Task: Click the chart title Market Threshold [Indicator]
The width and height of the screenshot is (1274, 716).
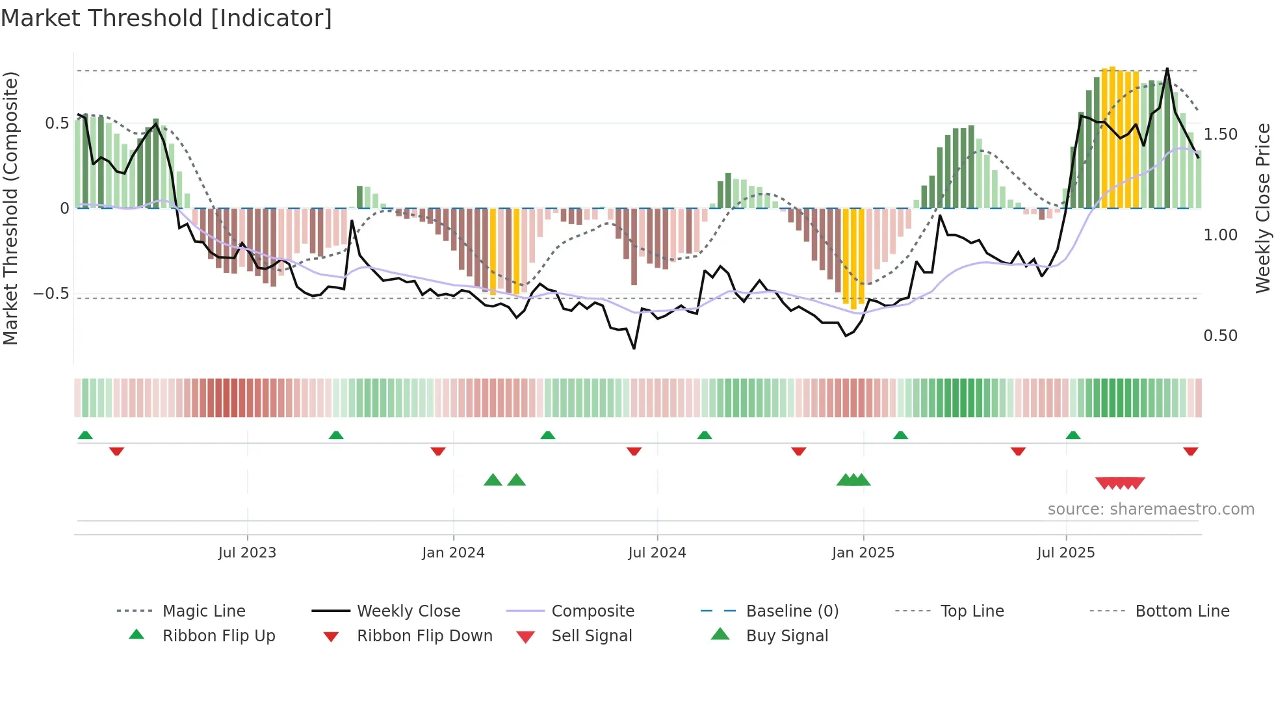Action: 166,18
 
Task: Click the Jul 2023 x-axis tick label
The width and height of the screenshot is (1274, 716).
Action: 247,553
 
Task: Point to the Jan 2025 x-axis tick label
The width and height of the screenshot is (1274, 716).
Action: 863,553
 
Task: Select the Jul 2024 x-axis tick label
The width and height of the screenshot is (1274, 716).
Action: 657,553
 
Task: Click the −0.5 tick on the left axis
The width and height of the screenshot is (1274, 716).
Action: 51,294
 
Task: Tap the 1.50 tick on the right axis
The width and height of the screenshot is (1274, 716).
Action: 1220,134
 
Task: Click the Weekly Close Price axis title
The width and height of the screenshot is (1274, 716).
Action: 1262,208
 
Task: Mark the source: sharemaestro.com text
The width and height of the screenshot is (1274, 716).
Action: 1150,509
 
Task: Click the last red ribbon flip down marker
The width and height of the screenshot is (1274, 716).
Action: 1190,451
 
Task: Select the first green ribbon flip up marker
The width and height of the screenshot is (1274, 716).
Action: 85,435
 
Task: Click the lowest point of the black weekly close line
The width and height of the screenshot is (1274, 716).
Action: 634,348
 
